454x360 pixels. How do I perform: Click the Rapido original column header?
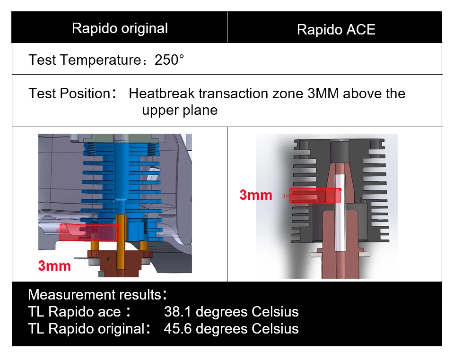tap(120, 28)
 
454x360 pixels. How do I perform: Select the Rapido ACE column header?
tap(336, 30)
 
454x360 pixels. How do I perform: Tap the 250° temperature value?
tap(169, 60)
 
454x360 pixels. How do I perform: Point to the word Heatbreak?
tap(162, 94)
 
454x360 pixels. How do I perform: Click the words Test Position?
tap(70, 94)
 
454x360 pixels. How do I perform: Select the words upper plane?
tap(180, 111)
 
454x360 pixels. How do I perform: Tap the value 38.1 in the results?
tap(177, 312)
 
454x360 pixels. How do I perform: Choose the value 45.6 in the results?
tap(177, 329)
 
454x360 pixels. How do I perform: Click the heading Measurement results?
tap(95, 295)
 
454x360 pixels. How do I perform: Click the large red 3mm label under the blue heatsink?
tap(54, 266)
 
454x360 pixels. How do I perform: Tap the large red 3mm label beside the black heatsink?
tap(256, 195)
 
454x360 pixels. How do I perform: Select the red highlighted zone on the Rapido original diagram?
tap(89, 232)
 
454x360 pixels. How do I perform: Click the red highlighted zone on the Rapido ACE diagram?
tap(315, 196)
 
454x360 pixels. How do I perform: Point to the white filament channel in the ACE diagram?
tap(339, 213)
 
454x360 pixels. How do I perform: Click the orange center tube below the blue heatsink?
tap(121, 242)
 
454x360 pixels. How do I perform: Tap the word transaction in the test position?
tap(251, 94)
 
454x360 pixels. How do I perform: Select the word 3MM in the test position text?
tap(323, 94)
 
